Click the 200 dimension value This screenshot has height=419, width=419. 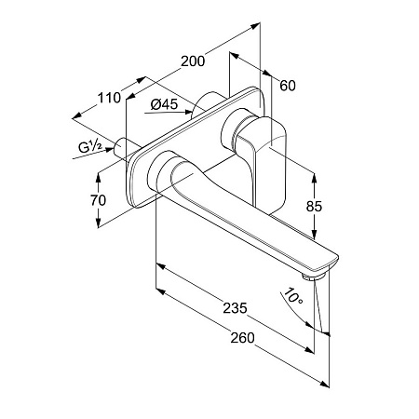tap(193, 61)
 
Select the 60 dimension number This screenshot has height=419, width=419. tap(288, 86)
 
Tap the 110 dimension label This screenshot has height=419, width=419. tap(109, 98)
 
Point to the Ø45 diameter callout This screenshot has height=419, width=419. tap(165, 104)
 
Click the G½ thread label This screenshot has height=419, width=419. tap(89, 146)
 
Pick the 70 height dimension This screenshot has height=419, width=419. tap(98, 200)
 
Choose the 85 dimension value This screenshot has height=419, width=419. tap(314, 207)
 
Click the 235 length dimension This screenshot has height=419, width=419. tap(235, 308)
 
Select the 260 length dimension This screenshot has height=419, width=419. tap(242, 338)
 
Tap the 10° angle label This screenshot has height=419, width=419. tap(292, 296)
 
